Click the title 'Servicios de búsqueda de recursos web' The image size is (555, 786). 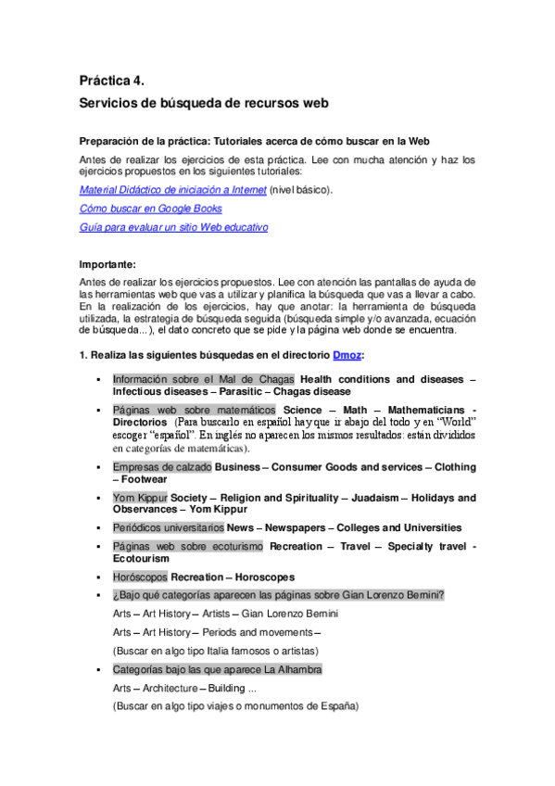(x=205, y=105)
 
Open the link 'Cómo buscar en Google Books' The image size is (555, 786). (x=151, y=209)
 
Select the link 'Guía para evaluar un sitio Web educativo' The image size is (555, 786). (x=174, y=227)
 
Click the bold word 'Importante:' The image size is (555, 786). (x=107, y=264)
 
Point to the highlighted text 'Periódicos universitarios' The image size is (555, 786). (x=169, y=527)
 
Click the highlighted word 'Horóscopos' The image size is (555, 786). (x=140, y=577)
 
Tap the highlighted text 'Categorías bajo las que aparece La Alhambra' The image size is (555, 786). (x=218, y=669)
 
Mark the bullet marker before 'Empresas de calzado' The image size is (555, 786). (x=96, y=467)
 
